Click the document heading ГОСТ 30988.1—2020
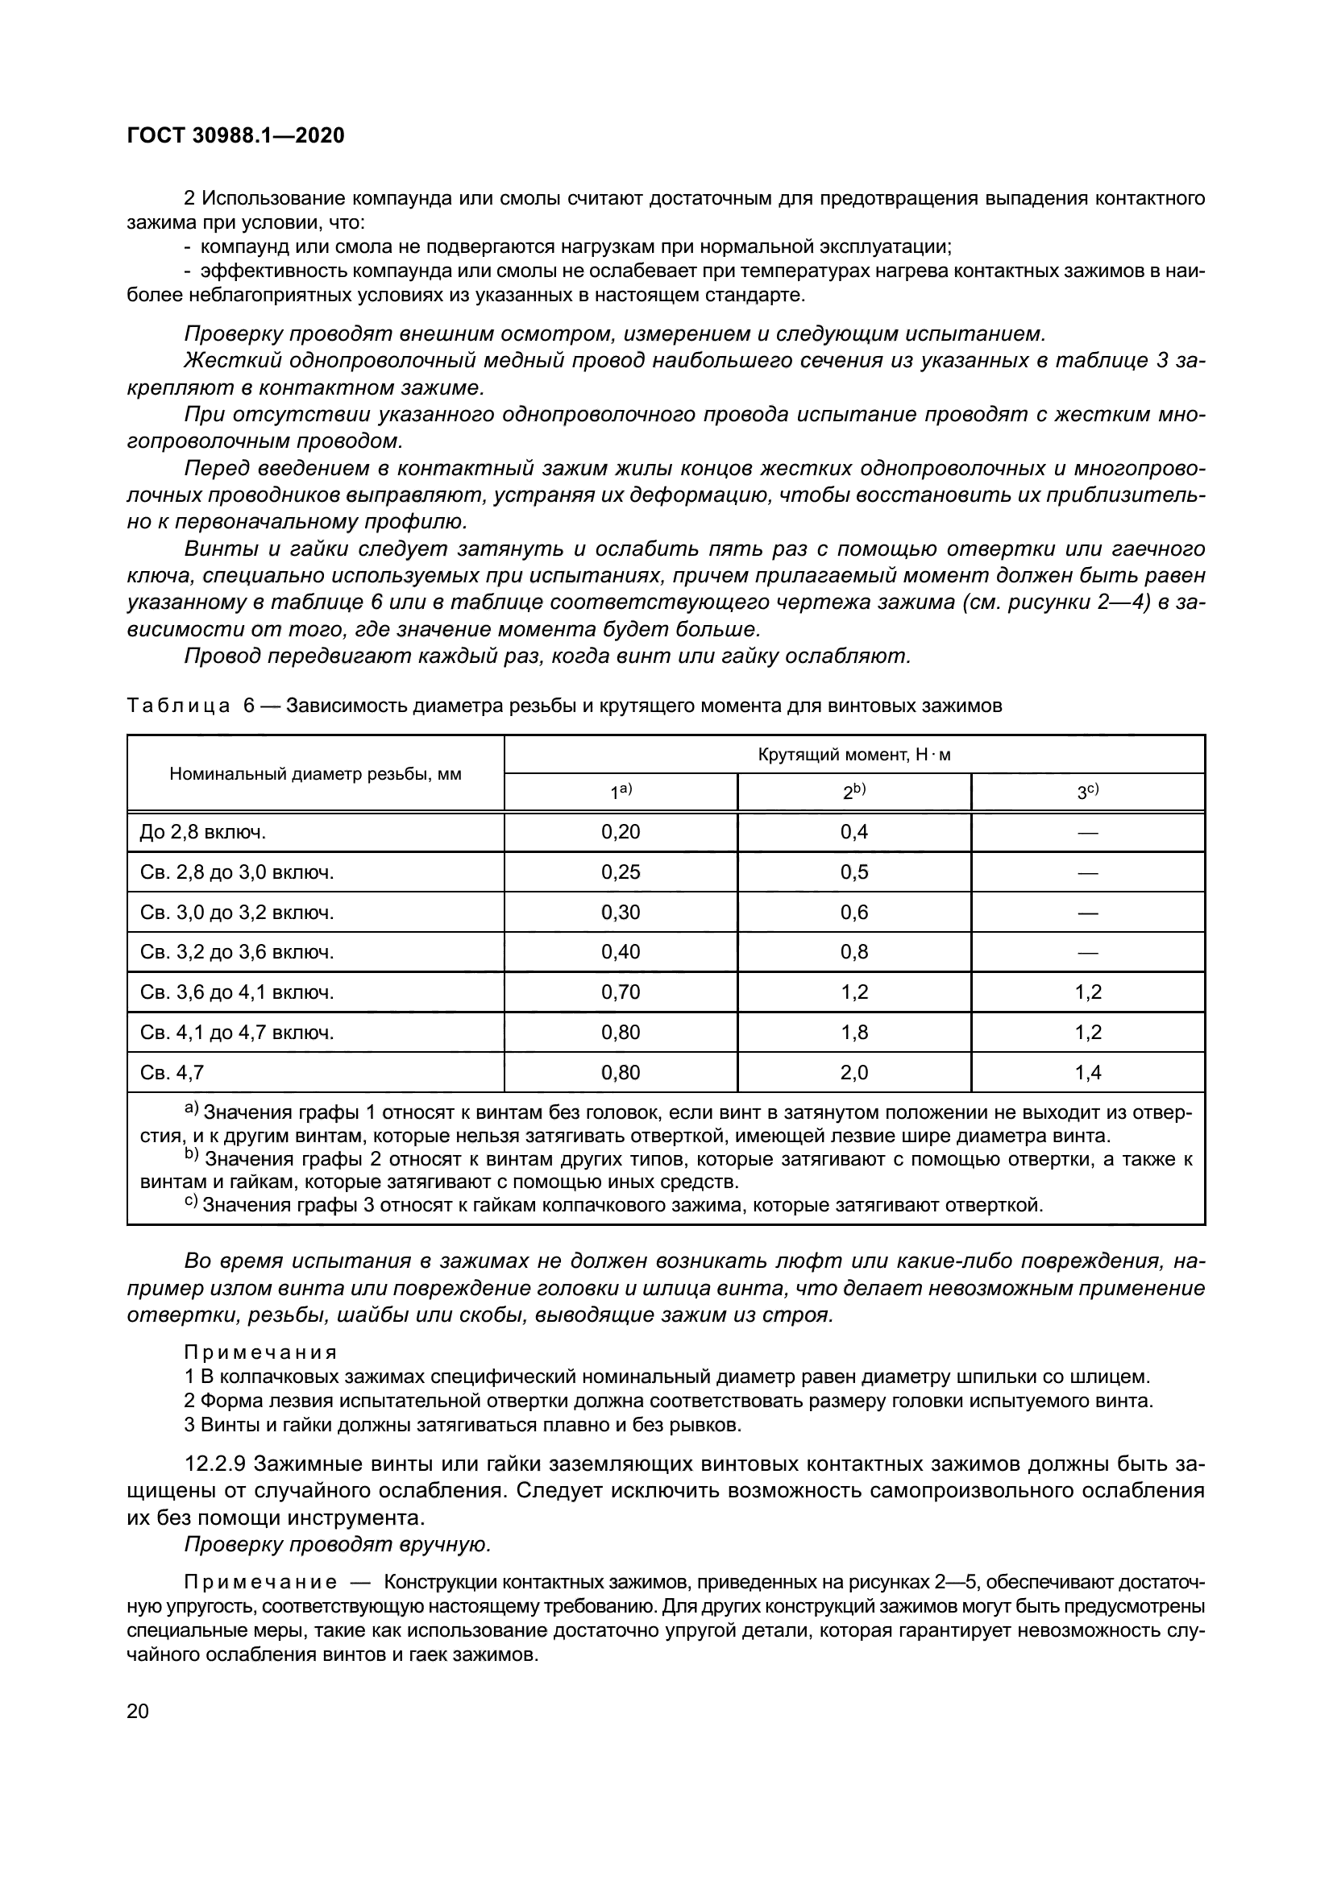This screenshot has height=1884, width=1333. click(235, 136)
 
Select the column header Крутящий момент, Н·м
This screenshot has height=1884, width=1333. click(853, 755)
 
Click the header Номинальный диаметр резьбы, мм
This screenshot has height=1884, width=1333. click(315, 774)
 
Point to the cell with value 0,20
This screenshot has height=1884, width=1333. click(621, 832)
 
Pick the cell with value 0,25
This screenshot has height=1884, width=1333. click(621, 872)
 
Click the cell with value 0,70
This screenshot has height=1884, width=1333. click(621, 993)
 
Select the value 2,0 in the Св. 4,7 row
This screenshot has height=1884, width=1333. click(853, 1072)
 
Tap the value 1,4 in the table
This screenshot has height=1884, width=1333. click(1087, 1072)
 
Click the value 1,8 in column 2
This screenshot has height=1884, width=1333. click(853, 1033)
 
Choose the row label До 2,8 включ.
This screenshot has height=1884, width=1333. click(203, 833)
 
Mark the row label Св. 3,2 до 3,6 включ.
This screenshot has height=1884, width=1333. click(236, 953)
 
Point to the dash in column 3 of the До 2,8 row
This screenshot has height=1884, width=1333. click(1087, 833)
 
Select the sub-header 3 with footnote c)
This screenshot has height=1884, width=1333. click(1087, 792)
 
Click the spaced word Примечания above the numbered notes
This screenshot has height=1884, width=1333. click(260, 1352)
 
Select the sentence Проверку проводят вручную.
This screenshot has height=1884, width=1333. click(338, 1544)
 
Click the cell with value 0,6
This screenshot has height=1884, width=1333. click(853, 913)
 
